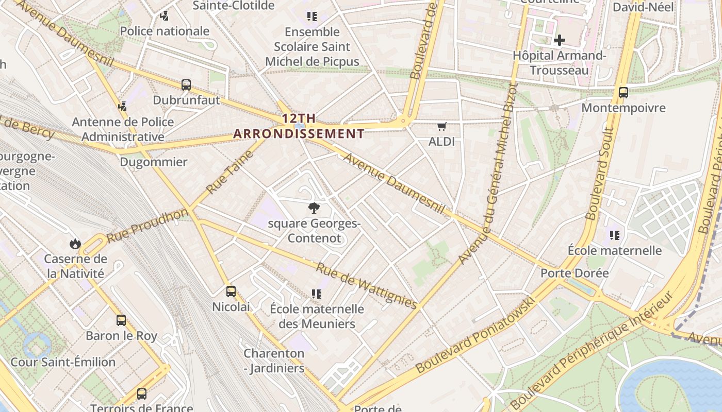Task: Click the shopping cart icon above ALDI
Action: tap(441, 127)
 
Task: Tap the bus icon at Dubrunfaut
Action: tap(186, 85)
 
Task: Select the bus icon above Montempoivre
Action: tap(623, 93)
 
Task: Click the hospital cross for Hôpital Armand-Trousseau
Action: tap(559, 40)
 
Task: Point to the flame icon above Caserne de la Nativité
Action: tap(75, 244)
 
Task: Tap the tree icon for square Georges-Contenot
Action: tap(313, 208)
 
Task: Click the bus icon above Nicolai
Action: tap(231, 291)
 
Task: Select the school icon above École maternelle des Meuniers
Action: tap(317, 294)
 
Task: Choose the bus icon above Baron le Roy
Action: tap(121, 320)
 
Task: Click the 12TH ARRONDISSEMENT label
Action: tap(299, 126)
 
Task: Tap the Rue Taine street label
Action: tap(230, 172)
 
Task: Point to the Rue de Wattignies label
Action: tap(366, 286)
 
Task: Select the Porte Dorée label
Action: tap(575, 273)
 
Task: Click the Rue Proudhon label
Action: tap(147, 226)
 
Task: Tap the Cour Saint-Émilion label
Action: tap(63, 362)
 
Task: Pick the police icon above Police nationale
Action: tap(165, 16)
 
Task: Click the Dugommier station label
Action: tap(153, 162)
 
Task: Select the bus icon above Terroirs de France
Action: tap(142, 394)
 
